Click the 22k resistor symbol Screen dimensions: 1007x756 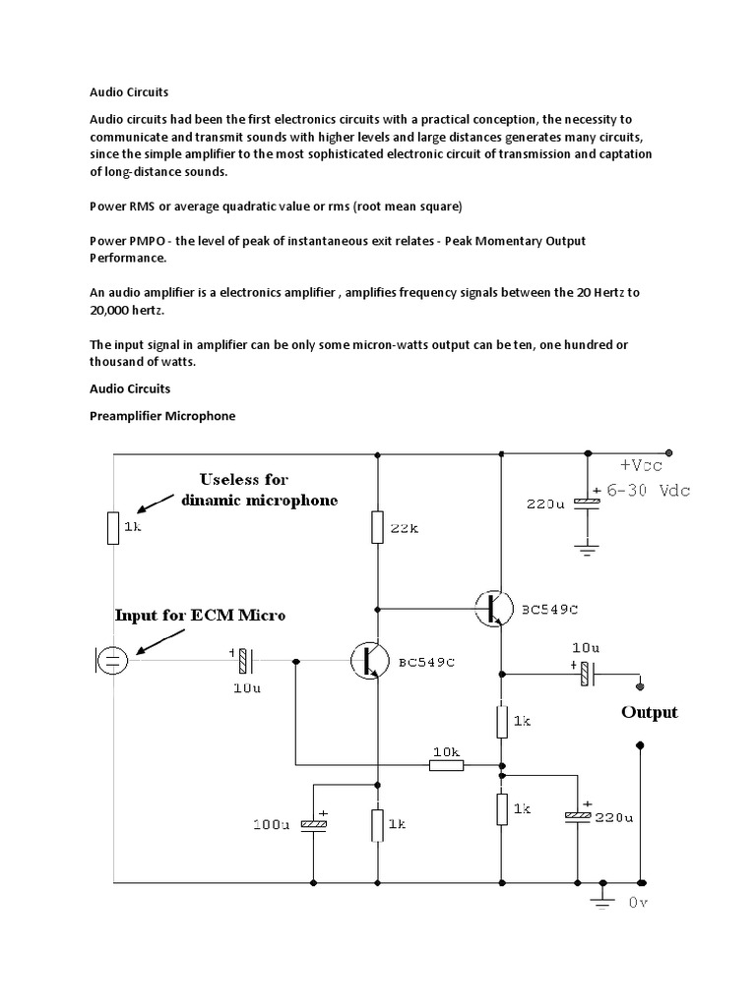tap(377, 528)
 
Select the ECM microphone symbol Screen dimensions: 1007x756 tap(111, 659)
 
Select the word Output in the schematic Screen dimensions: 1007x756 tap(650, 712)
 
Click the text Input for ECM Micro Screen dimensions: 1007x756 tap(201, 616)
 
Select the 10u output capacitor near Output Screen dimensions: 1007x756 tap(586, 674)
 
